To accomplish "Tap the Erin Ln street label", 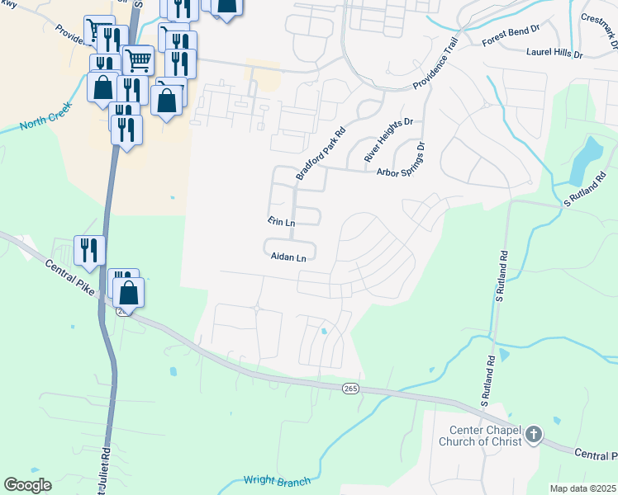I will [x=281, y=222].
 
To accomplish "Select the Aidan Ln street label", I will [x=288, y=257].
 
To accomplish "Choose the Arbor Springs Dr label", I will [x=402, y=162].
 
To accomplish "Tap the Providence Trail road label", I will [x=435, y=64].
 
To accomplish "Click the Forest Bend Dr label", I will [x=510, y=37].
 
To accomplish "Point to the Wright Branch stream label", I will [x=276, y=481].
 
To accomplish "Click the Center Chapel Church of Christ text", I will [x=486, y=436].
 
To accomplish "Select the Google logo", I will [x=27, y=484].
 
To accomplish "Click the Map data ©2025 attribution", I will [x=582, y=488].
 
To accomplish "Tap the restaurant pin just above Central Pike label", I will [x=89, y=251].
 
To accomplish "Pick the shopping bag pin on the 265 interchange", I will [x=129, y=293].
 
